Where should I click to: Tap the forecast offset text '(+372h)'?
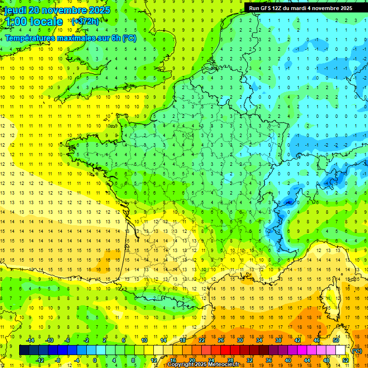[85, 22]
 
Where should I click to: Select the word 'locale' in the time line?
[46, 22]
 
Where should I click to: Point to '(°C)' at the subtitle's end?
[129, 38]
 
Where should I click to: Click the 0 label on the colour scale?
[95, 360]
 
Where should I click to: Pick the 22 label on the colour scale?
[202, 340]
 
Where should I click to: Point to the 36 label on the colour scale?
[268, 360]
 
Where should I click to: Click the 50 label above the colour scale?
[335, 340]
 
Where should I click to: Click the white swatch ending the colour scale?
[340, 350]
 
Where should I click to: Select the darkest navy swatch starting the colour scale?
[24, 350]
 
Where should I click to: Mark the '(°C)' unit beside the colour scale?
[357, 351]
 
